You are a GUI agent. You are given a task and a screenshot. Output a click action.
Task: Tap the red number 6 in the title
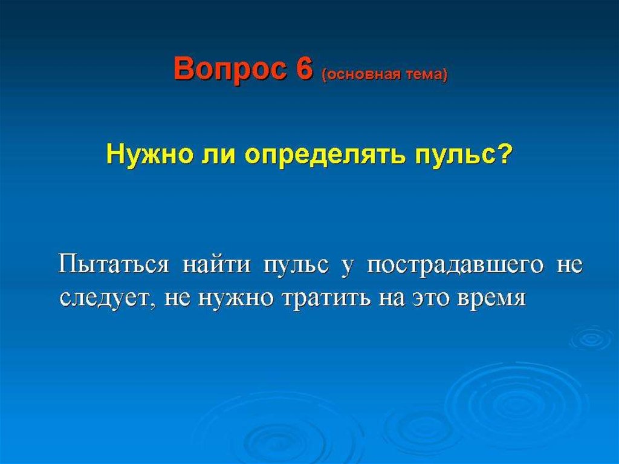pos(304,68)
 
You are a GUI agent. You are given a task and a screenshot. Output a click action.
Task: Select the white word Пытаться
pos(114,264)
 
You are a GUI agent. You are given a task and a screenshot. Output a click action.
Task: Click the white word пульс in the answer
pos(295,266)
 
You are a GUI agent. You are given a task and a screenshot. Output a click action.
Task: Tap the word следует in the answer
pos(107,299)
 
